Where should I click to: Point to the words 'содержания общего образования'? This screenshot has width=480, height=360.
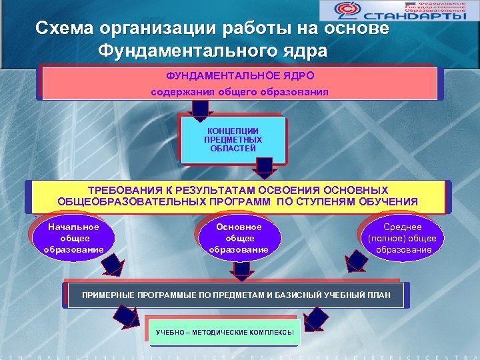coord(240,91)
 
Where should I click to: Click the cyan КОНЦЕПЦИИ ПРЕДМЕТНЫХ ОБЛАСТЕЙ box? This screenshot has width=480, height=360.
coord(233,140)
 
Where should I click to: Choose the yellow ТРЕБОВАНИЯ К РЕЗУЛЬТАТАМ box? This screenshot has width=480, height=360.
coord(237,196)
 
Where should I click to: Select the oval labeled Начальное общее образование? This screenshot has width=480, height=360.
coord(73,238)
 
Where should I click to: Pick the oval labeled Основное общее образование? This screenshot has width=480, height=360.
coord(239,238)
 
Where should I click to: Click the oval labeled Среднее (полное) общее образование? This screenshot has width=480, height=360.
coord(403,238)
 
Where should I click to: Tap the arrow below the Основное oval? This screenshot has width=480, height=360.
coord(241,269)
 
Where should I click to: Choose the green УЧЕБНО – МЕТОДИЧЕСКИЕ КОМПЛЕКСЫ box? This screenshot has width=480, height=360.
coord(225,332)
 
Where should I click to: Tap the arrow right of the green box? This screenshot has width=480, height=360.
coord(317,319)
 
